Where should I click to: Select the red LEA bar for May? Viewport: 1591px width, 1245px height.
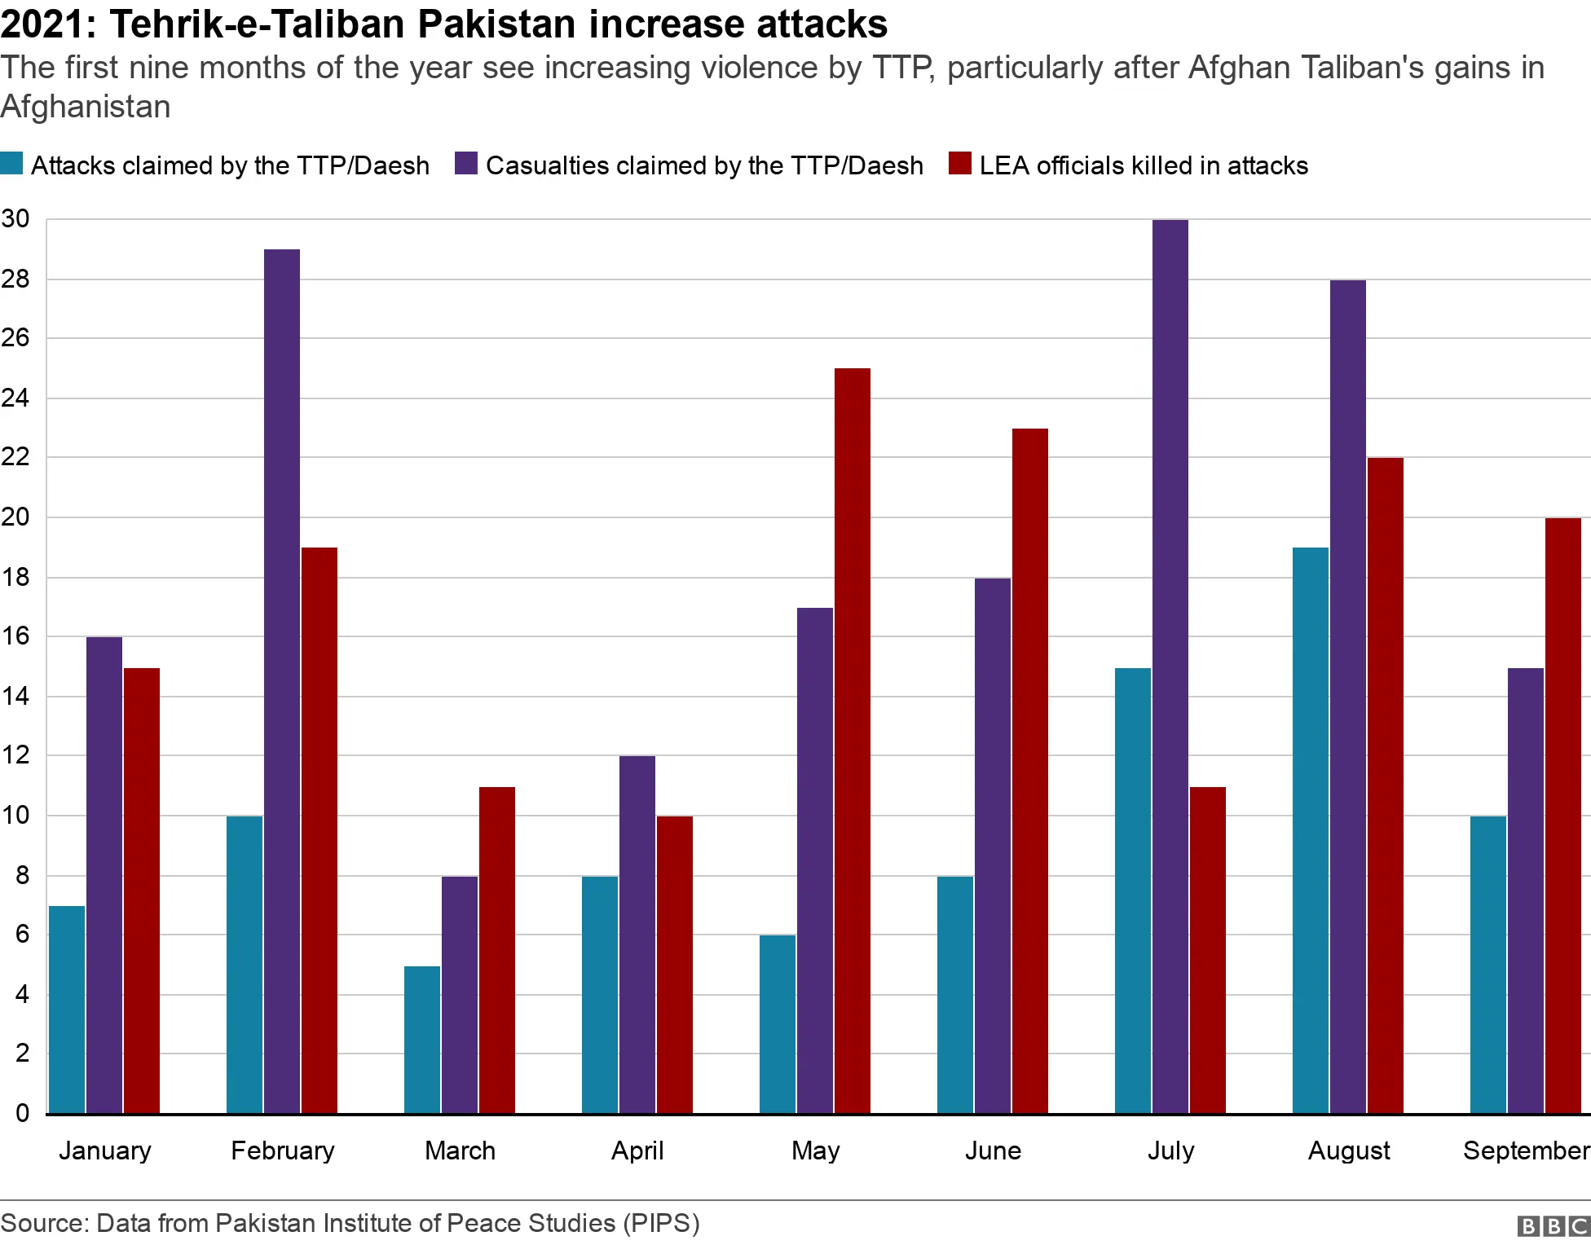(x=853, y=741)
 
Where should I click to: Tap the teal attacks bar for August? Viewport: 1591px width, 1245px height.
(x=1311, y=830)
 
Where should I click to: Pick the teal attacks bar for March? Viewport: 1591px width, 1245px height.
(x=422, y=1040)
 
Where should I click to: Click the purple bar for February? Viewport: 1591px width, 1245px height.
(x=282, y=681)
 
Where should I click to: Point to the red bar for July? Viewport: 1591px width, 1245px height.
(x=1208, y=950)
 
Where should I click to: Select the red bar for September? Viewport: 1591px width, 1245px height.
(x=1563, y=816)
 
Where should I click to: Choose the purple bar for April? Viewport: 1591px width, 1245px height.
(x=637, y=935)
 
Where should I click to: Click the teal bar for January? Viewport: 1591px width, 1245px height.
(x=67, y=1010)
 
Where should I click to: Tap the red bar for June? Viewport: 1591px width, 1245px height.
(x=1030, y=771)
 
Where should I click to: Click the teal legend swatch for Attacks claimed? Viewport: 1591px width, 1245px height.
(x=11, y=163)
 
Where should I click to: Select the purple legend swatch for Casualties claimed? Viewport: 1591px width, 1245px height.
(x=466, y=163)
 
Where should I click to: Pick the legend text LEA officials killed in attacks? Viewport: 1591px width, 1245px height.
(x=1144, y=165)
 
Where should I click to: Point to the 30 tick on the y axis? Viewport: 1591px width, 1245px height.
(x=15, y=218)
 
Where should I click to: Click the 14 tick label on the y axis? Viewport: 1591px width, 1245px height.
(x=15, y=696)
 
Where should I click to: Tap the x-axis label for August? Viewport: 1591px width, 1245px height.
(x=1349, y=1150)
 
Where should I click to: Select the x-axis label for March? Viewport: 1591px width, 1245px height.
(x=460, y=1150)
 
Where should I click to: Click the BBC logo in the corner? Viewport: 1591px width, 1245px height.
(x=1553, y=1226)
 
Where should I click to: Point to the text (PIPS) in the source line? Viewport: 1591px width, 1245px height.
(x=661, y=1223)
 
